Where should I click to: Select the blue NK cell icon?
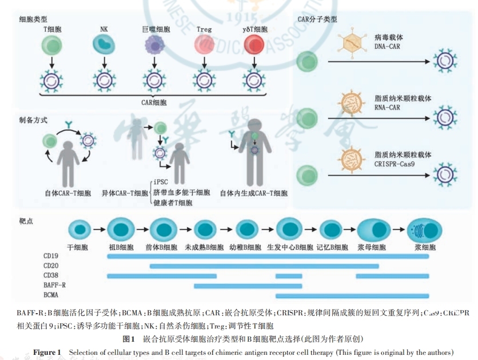pyautogui.click(x=103, y=44)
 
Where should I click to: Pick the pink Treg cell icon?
pyautogui.click(x=204, y=44)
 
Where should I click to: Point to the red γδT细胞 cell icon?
pyautogui.click(x=254, y=44)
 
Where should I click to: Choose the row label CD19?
pyautogui.click(x=51, y=256)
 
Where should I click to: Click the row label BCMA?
pyautogui.click(x=51, y=295)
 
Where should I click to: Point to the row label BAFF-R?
pyautogui.click(x=54, y=285)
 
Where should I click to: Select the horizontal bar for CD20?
pyautogui.click(x=264, y=266)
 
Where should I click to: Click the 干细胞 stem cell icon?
pyautogui.click(x=79, y=231)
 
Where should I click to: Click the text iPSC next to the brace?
pyautogui.click(x=161, y=182)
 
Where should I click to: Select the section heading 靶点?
pyautogui.click(x=27, y=220)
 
